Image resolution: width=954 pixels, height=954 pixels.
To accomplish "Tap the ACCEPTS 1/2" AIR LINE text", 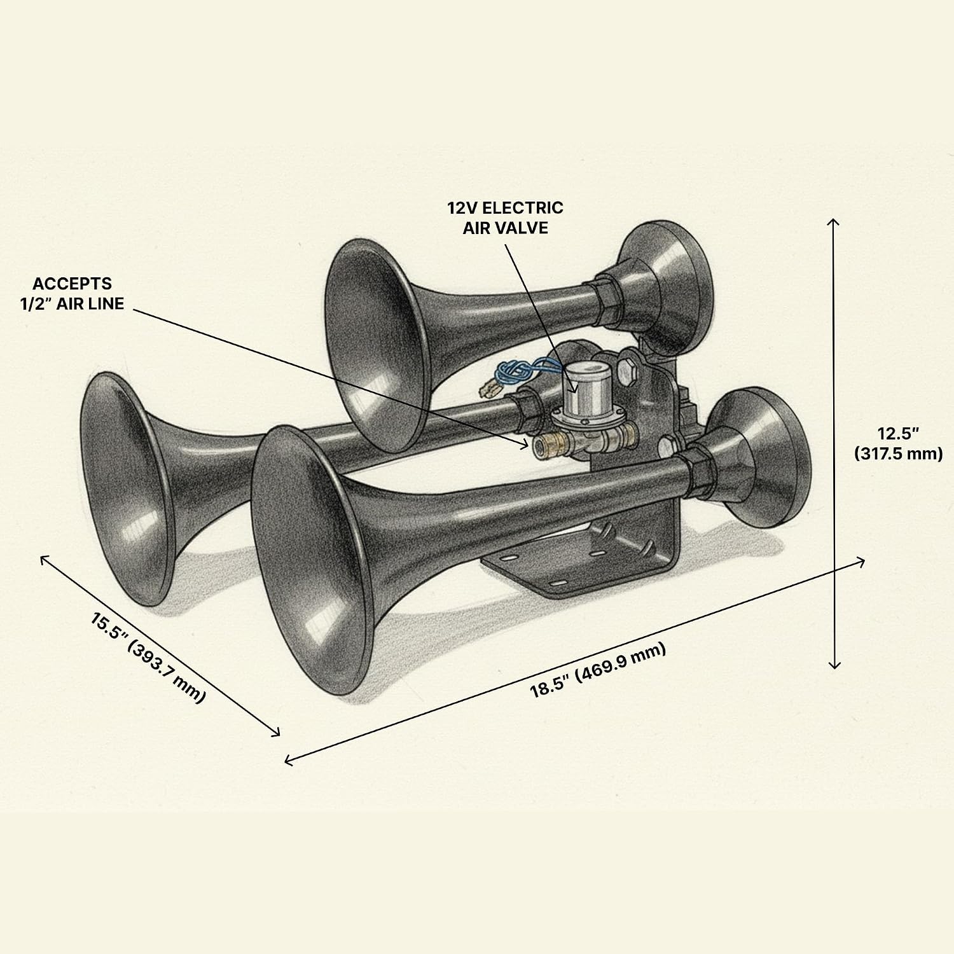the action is coord(78,293).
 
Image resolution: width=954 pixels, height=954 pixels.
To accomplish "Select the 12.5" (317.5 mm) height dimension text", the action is coord(898,443).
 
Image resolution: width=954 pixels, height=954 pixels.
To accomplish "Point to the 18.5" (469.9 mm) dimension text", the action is coord(598,670).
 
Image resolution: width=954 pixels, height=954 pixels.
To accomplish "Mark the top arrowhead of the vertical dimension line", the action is coord(834,222).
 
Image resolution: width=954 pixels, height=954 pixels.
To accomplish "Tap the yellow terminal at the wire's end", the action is coord(490,384).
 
